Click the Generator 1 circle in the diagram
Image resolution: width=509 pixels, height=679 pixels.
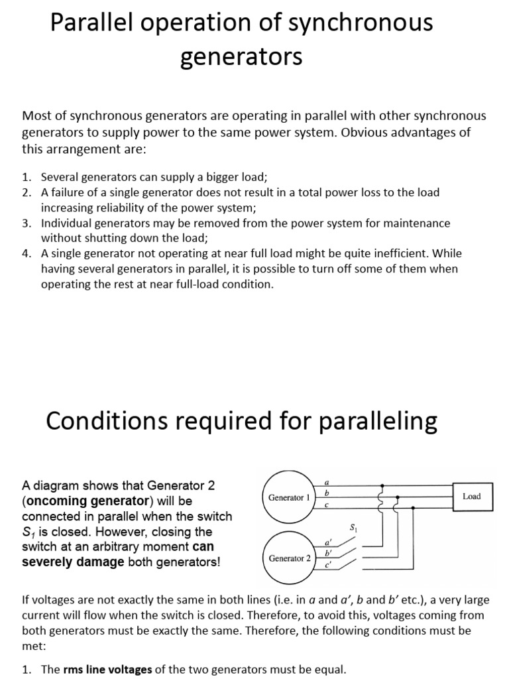[289, 497]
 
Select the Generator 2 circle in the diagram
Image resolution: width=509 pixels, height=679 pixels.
[289, 558]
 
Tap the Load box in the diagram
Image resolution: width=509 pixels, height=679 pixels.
[472, 496]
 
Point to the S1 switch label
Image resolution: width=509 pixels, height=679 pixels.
[353, 528]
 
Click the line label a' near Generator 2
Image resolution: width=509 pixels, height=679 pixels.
[327, 542]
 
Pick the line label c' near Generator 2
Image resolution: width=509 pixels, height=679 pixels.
[327, 566]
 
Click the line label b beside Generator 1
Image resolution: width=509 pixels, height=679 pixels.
[326, 493]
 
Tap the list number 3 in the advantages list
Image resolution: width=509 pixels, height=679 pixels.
[26, 223]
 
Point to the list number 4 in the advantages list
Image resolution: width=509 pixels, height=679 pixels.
[26, 253]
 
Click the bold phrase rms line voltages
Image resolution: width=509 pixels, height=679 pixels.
[107, 670]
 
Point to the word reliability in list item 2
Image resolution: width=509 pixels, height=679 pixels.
[122, 207]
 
